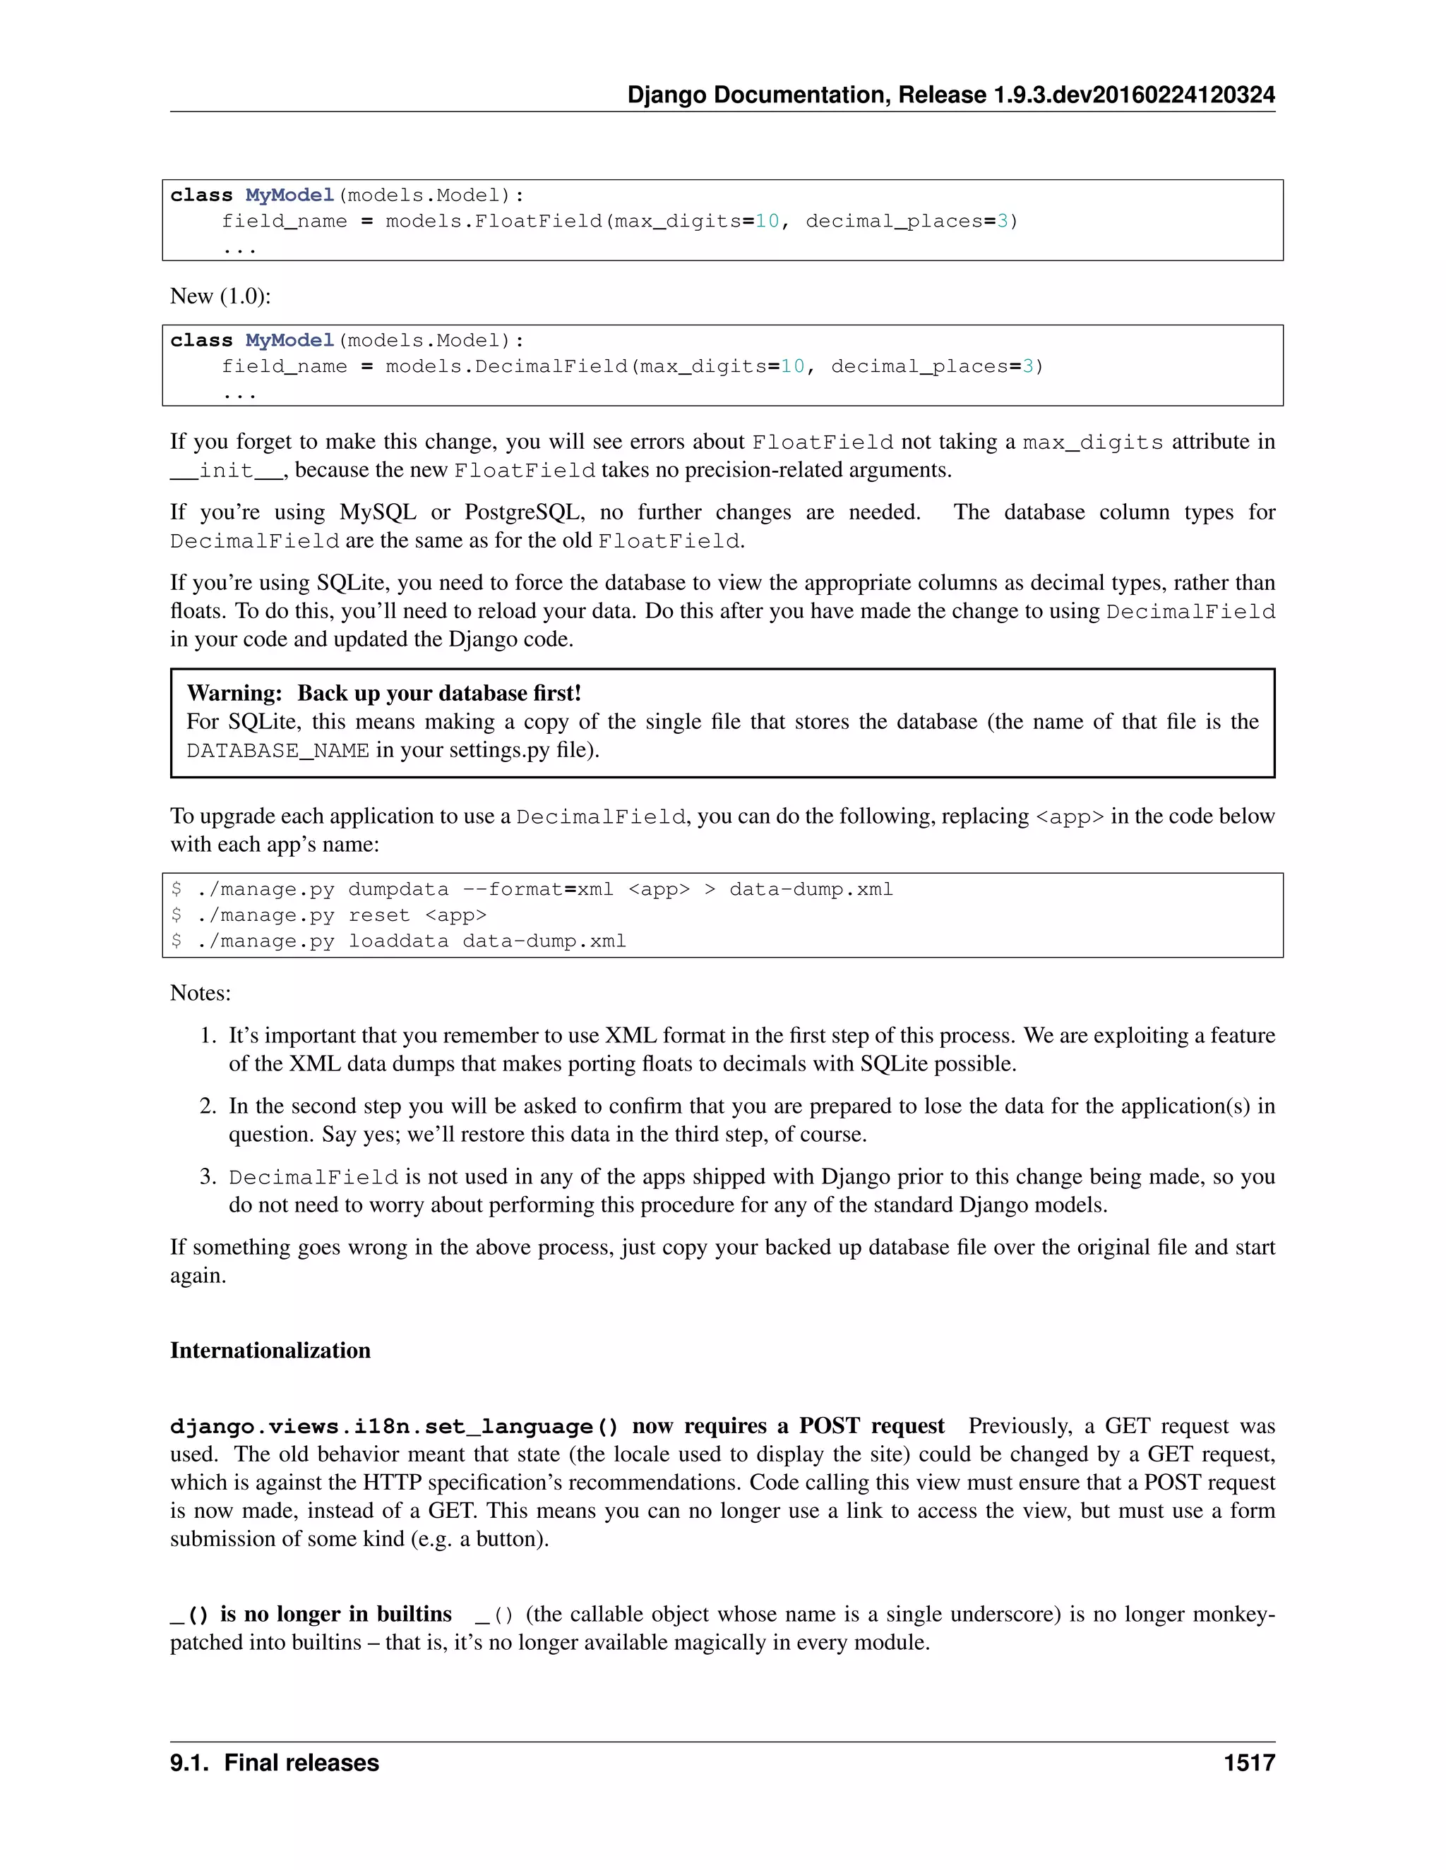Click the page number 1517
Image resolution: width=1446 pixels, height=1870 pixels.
point(1249,1762)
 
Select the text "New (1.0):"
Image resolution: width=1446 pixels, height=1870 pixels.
point(220,296)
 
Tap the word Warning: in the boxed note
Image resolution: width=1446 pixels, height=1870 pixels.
point(234,693)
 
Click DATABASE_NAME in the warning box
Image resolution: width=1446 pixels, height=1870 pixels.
point(277,751)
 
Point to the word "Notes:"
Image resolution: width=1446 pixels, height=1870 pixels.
point(201,994)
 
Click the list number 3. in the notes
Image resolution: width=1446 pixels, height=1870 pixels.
point(208,1176)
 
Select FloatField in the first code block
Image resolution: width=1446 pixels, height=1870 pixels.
point(539,222)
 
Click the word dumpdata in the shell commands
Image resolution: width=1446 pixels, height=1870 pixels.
point(398,890)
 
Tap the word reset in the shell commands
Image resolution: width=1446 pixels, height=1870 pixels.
point(378,915)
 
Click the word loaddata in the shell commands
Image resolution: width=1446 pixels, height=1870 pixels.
point(398,941)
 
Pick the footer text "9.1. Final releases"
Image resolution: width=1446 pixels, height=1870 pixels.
point(274,1762)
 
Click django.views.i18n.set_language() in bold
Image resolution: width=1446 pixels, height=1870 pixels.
point(394,1426)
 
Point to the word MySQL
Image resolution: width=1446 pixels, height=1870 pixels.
point(378,512)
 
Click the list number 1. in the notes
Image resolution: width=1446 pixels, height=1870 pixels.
point(208,1035)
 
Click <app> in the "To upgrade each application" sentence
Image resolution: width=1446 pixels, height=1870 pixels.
point(1070,817)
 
